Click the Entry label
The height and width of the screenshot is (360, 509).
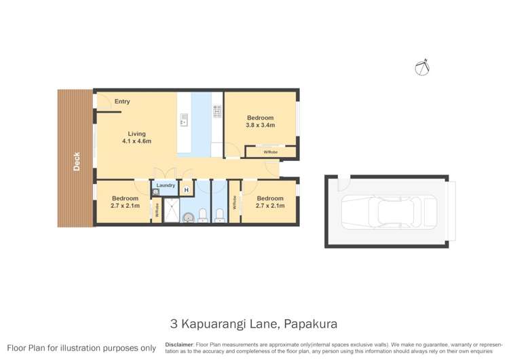(x=122, y=102)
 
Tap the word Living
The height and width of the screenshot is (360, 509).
(x=136, y=134)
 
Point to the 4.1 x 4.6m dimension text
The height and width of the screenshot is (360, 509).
(x=136, y=141)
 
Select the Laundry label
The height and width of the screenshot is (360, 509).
(x=166, y=185)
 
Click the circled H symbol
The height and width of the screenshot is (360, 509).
(x=187, y=190)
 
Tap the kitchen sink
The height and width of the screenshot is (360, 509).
(x=183, y=120)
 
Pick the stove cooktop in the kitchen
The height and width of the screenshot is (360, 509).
(x=217, y=111)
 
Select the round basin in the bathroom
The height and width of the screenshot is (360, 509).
(x=203, y=216)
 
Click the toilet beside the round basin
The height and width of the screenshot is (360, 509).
(x=219, y=216)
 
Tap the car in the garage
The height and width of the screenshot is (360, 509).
(x=388, y=211)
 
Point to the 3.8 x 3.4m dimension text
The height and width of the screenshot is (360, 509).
(x=260, y=125)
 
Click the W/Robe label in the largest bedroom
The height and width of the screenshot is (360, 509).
(x=270, y=152)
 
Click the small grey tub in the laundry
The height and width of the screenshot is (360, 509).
(x=155, y=192)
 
